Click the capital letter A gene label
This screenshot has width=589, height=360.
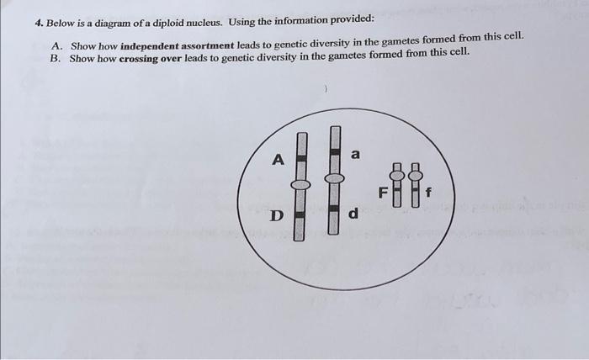[278, 160]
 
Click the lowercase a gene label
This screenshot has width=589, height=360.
[355, 154]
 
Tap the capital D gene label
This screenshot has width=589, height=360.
[277, 216]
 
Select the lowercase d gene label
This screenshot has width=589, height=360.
[353, 214]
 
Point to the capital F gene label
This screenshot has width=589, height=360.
[383, 193]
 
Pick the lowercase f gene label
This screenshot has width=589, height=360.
[428, 193]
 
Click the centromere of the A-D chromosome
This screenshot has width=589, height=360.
[300, 184]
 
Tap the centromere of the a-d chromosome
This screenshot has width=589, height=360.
[334, 178]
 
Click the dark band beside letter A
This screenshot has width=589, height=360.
[301, 158]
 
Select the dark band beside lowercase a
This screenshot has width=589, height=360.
[335, 151]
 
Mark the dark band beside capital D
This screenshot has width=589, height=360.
[300, 214]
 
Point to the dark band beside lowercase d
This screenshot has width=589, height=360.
[333, 208]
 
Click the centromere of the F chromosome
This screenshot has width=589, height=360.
[396, 175]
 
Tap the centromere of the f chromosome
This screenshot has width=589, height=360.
[416, 175]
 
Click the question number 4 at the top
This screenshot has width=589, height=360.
[39, 24]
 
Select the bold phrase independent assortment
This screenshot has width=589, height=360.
[178, 46]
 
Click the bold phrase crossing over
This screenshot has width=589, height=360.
[151, 59]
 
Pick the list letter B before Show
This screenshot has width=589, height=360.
[56, 59]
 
